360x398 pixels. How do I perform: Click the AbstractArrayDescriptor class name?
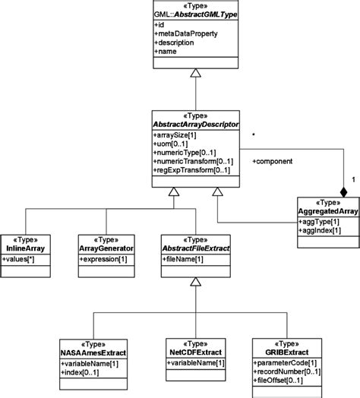pyautogui.click(x=197, y=124)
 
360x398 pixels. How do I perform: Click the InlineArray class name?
pyautogui.click(x=28, y=249)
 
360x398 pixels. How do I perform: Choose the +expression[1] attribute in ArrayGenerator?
pyautogui.click(x=106, y=260)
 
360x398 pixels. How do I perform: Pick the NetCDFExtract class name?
pyautogui.click(x=197, y=352)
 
